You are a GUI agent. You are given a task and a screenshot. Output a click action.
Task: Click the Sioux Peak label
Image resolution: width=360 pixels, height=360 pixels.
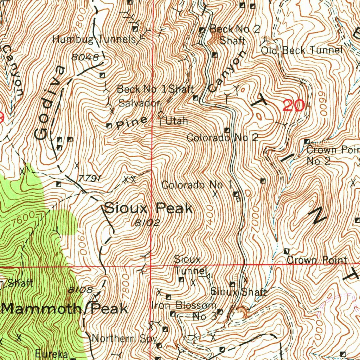[148, 209]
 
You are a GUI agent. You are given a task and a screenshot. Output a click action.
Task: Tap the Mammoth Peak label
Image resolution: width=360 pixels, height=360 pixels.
[64, 309]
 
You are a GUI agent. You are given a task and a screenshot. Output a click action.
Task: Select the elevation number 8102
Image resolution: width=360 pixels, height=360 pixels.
[147, 223]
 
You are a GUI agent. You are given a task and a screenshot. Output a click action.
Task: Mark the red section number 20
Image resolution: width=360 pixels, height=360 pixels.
[294, 105]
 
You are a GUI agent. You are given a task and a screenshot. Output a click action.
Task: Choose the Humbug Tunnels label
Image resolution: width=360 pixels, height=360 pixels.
[94, 39]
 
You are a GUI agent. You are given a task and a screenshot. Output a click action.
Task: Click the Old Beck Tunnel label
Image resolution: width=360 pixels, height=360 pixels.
[301, 50]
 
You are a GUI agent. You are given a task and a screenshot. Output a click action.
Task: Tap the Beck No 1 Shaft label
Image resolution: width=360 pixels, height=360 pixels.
[155, 89]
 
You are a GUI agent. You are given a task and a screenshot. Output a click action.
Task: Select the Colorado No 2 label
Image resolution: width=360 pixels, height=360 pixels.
[223, 137]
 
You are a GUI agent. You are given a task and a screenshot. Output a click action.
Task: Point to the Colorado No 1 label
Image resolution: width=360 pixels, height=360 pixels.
[197, 185]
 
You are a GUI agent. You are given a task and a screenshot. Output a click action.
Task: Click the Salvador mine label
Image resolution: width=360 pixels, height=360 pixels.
[139, 103]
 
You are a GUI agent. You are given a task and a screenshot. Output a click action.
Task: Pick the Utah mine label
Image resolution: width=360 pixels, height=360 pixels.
[176, 121]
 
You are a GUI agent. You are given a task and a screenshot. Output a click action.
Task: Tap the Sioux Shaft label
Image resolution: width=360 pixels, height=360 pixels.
[239, 292]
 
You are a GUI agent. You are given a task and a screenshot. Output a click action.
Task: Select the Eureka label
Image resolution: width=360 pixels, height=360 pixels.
[52, 353]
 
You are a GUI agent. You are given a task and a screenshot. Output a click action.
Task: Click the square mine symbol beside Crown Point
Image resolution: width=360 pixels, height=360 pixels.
[287, 251]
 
